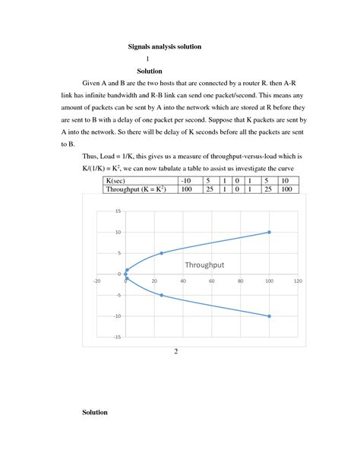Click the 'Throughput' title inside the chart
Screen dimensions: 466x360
pyautogui.click(x=207, y=265)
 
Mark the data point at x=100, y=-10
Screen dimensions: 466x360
pyautogui.click(x=269, y=315)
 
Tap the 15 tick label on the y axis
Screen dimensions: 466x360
pyautogui.click(x=118, y=211)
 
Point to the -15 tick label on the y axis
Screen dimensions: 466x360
pyautogui.click(x=116, y=337)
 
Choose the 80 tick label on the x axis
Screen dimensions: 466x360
pyautogui.click(x=240, y=281)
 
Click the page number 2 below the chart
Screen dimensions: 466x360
pyautogui.click(x=175, y=351)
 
